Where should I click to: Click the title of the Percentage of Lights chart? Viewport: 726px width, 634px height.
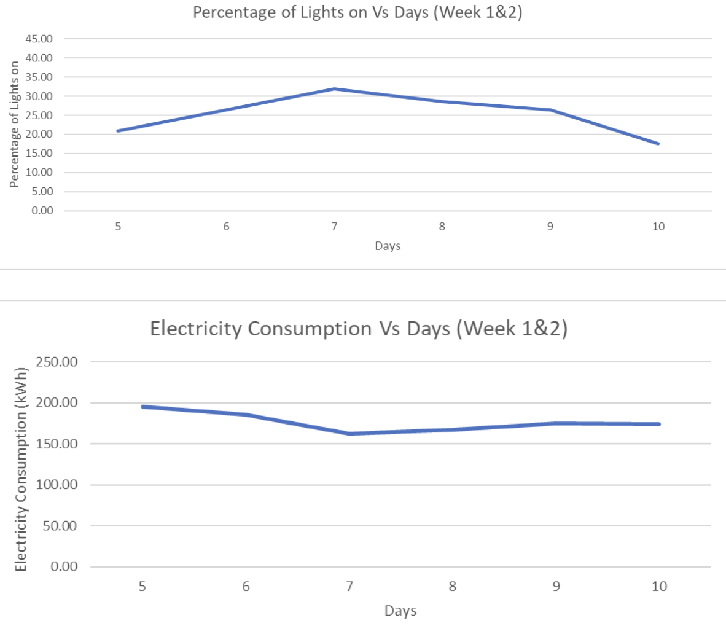point(357,12)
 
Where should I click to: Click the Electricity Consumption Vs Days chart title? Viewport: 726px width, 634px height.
point(359,329)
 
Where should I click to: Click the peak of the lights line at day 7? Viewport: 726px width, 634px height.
point(334,89)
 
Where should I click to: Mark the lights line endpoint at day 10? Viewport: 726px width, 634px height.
point(658,143)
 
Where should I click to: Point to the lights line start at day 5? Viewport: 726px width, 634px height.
point(118,131)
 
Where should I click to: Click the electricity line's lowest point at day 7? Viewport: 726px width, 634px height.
point(349,434)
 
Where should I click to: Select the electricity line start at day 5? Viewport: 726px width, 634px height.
point(142,407)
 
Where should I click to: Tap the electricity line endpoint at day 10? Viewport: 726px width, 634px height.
point(658,424)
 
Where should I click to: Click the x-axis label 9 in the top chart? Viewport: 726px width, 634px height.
point(550,227)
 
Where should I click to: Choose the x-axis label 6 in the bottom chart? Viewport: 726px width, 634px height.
point(246,587)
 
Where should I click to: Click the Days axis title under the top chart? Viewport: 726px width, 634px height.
point(388,246)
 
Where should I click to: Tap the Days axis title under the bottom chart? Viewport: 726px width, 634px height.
point(400,611)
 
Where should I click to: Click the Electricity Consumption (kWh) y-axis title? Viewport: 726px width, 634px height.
point(21,469)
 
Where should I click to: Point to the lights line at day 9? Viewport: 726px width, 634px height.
point(550,110)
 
